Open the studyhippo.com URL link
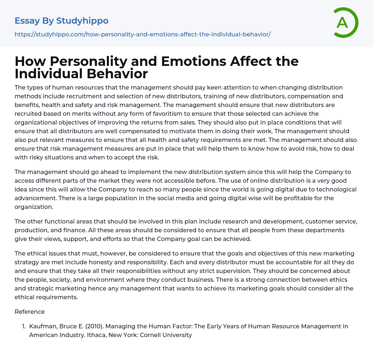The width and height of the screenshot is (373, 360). [142, 35]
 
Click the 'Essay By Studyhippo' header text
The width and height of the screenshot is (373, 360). [62, 21]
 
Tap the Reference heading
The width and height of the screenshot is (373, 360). [30, 312]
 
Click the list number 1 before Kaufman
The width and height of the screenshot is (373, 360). [24, 326]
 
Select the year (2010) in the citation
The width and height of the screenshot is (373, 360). [92, 326]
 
